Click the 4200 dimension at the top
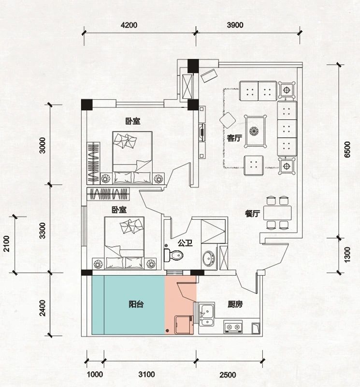[129, 25]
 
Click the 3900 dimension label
[235, 25]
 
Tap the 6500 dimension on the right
[347, 149]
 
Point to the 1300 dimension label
[347, 254]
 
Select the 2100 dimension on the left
[6, 244]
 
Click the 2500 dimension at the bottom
[228, 375]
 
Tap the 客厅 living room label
[234, 138]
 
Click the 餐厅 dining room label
[253, 214]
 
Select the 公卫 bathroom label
[185, 243]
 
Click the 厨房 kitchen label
[235, 304]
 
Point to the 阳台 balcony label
[136, 304]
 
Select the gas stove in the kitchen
[233, 327]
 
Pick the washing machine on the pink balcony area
[184, 325]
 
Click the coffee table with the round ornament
[255, 131]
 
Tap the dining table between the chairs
[277, 213]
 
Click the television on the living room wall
[202, 133]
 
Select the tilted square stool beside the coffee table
[228, 120]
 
